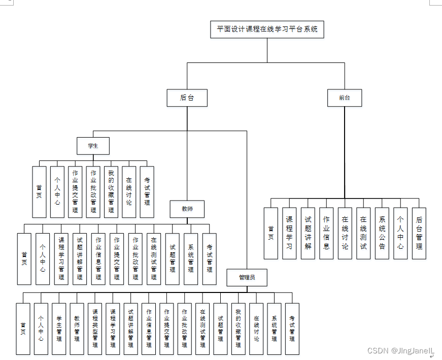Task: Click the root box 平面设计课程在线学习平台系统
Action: point(267,29)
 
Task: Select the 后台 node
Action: point(187,98)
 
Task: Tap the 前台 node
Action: point(345,98)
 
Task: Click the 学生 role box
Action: point(93,146)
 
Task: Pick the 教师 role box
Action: point(187,209)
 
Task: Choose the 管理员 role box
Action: point(247,277)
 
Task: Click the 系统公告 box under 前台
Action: point(382,233)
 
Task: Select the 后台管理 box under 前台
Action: point(419,233)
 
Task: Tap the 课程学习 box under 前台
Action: point(289,233)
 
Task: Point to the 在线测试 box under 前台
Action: point(363,233)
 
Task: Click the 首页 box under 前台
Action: point(271,233)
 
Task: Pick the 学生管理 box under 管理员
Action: point(59,329)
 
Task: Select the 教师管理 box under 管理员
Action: point(77,329)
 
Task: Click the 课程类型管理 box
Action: point(94,329)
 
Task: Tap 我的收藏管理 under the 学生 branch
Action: point(111,191)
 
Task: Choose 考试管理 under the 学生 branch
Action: point(147,191)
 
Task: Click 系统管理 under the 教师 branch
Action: point(191,258)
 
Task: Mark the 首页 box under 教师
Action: point(24,258)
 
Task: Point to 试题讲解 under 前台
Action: point(308,233)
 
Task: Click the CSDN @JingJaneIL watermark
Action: point(401,350)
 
